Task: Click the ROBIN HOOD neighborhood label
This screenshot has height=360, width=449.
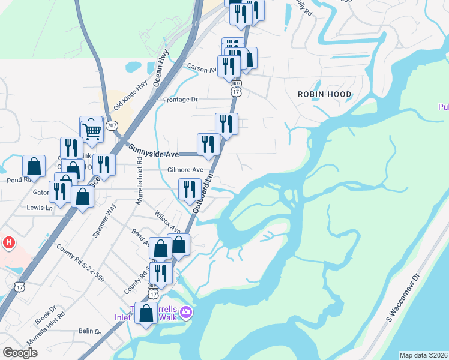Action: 325,94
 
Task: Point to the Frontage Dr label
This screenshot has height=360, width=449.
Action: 180,100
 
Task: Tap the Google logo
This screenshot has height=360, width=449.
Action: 20,352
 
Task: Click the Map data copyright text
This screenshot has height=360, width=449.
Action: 423,355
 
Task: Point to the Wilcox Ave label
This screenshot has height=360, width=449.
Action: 167,222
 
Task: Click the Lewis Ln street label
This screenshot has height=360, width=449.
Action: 40,208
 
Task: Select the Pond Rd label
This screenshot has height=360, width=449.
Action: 18,180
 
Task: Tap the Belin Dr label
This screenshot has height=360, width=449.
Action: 88,331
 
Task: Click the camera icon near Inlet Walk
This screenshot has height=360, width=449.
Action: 186,311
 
